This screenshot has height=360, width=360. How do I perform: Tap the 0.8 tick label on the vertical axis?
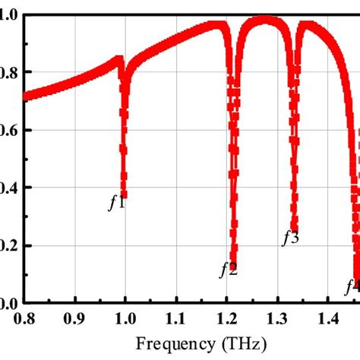tap(8, 73)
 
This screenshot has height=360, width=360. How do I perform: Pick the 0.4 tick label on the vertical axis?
tap(8, 188)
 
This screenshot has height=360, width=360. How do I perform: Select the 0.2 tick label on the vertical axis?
tap(8, 246)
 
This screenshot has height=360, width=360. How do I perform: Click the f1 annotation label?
tap(116, 203)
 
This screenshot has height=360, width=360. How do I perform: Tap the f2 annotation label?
tap(228, 269)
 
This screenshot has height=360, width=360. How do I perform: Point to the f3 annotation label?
tap(290, 238)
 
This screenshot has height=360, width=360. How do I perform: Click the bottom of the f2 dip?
tap(234, 261)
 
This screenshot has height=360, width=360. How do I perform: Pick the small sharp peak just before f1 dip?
tap(118, 58)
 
